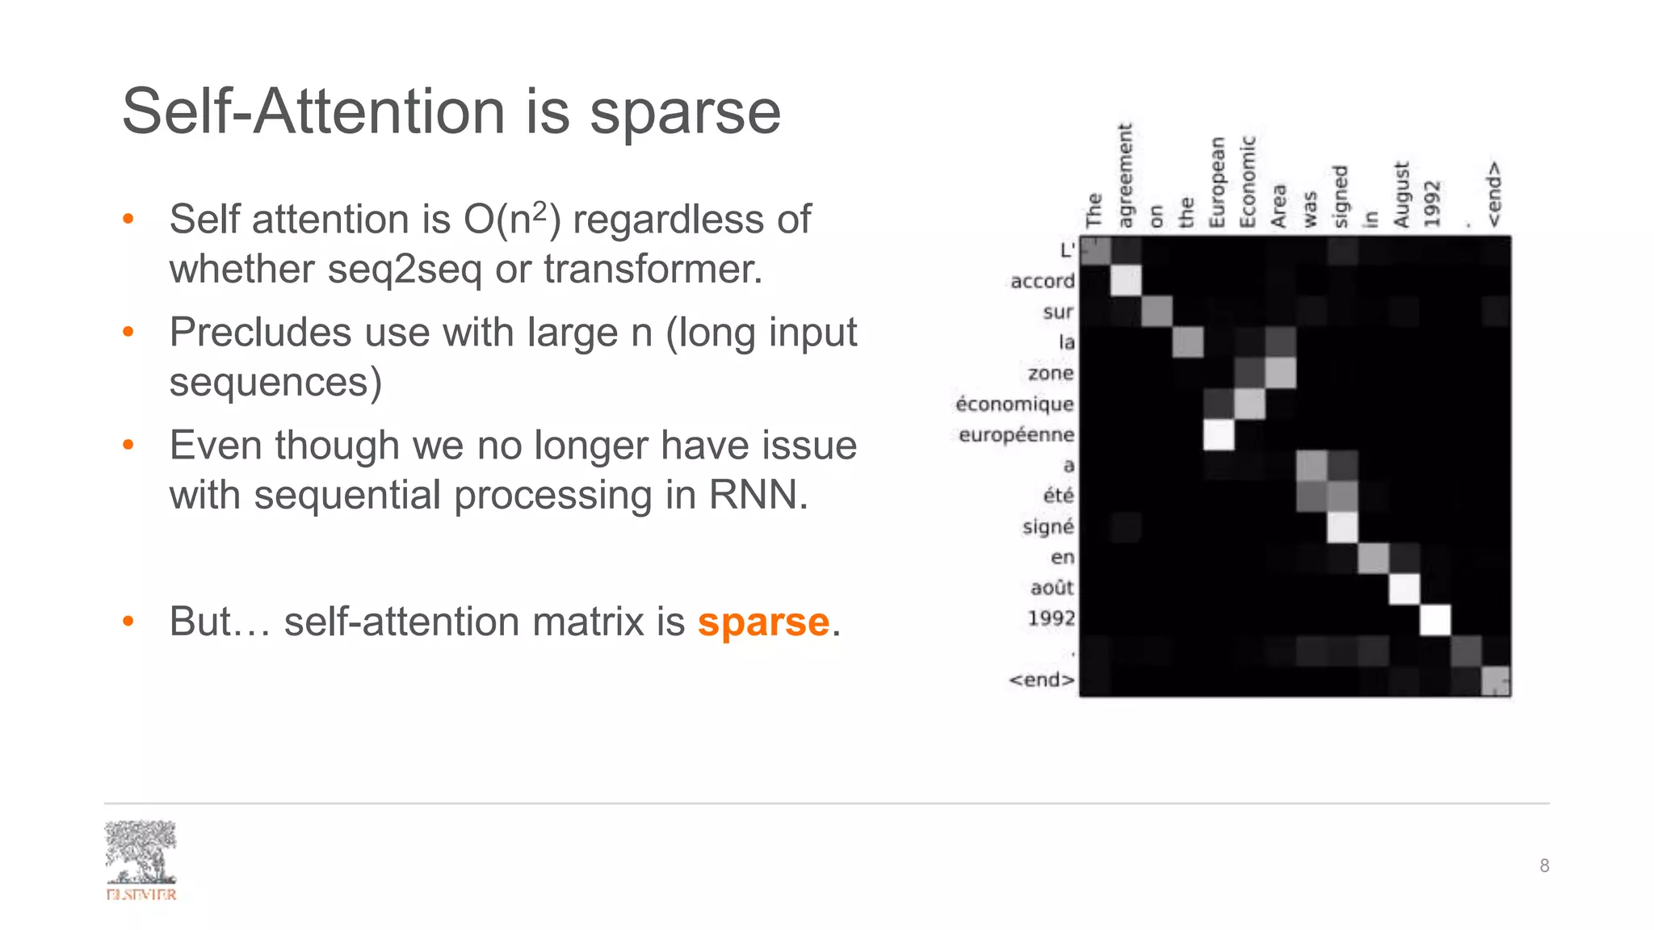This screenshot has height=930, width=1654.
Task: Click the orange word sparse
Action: [x=763, y=622]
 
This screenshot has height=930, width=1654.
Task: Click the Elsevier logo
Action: [x=141, y=860]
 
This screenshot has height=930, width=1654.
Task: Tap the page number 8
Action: [x=1543, y=865]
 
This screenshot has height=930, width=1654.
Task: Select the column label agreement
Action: [x=1126, y=175]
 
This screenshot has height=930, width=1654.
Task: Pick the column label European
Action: [x=1217, y=182]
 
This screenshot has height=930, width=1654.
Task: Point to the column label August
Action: [x=1401, y=195]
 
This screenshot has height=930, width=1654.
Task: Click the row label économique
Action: [x=1014, y=404]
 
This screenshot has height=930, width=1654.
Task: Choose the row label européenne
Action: [x=1016, y=434]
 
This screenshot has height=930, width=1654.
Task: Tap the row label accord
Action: [x=1042, y=281]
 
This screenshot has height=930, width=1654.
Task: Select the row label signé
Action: [x=1047, y=526]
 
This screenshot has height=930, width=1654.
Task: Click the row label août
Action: [x=1052, y=588]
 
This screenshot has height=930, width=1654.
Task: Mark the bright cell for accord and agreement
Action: [x=1126, y=281]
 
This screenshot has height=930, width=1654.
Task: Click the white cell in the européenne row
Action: [x=1218, y=434]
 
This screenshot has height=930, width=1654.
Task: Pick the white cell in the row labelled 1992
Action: [x=1434, y=620]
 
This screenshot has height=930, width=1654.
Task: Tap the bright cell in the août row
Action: [x=1404, y=589]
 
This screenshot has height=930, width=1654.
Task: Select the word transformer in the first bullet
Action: [x=652, y=269]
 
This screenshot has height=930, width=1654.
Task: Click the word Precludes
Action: [x=260, y=332]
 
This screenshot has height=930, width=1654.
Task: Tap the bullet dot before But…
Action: [x=128, y=622]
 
